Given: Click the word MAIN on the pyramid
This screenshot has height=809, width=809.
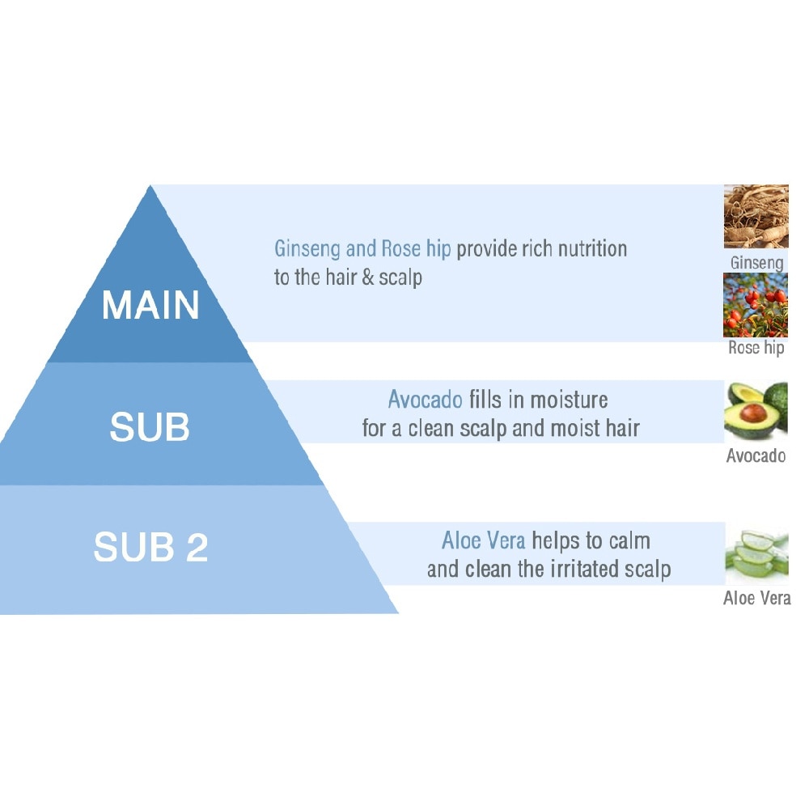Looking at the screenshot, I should click(150, 305).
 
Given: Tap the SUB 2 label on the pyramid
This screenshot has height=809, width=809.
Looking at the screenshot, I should click(150, 548).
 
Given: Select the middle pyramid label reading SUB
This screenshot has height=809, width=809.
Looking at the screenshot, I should click(150, 426).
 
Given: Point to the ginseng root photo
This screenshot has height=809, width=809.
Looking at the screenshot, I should click(756, 216).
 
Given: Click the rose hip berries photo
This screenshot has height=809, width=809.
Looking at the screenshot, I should click(756, 304).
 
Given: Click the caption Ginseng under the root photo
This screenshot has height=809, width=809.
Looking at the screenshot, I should click(756, 263).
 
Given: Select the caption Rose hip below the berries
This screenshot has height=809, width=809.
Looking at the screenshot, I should click(756, 349).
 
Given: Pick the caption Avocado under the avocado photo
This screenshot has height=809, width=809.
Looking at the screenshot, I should click(756, 455).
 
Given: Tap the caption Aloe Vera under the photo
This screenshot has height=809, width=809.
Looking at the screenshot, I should click(756, 599).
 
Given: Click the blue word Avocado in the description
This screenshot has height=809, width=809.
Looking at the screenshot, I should click(425, 400).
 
